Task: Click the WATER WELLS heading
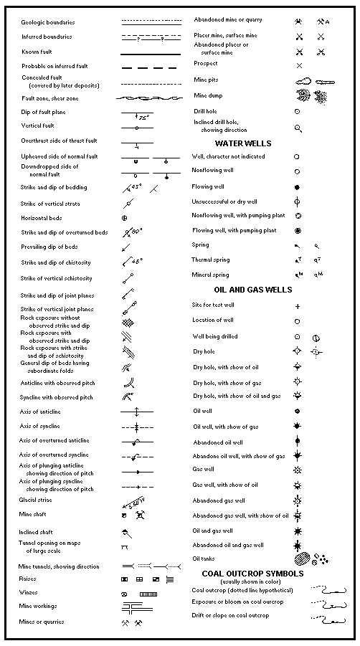(243, 143)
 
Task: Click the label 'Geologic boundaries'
(46, 22)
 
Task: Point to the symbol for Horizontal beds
(125, 217)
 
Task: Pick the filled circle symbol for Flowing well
(297, 186)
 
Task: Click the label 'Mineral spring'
(210, 275)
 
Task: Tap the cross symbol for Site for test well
(298, 306)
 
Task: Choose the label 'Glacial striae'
(36, 500)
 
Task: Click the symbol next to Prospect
(299, 65)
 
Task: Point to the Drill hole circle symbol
(298, 112)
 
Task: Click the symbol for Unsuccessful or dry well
(298, 201)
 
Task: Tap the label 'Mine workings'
(39, 606)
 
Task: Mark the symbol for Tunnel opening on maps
(125, 547)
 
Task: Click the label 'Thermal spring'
(211, 260)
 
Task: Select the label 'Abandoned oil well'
(218, 442)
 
